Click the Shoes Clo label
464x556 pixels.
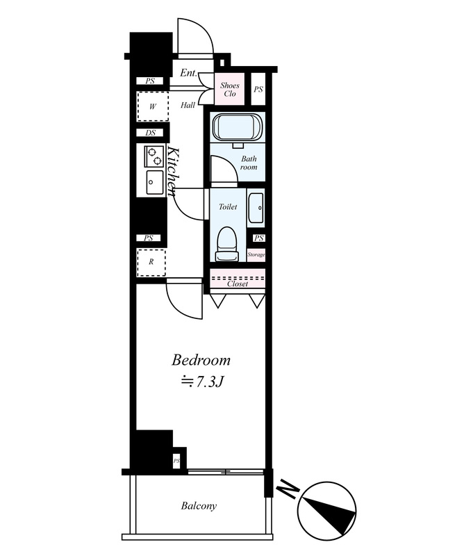pyautogui.click(x=229, y=90)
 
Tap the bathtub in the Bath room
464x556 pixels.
pyautogui.click(x=238, y=127)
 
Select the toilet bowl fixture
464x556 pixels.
pyautogui.click(x=226, y=244)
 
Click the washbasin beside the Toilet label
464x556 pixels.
pyautogui.click(x=256, y=208)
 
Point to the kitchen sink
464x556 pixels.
pyautogui.click(x=154, y=182)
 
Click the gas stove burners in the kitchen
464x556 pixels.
pyautogui.click(x=154, y=156)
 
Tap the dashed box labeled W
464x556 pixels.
pyautogui.click(x=153, y=106)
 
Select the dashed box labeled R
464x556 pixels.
pyautogui.click(x=151, y=263)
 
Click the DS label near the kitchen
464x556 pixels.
pyautogui.click(x=150, y=133)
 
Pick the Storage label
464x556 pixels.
pyautogui.click(x=256, y=254)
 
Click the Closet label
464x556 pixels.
pyautogui.click(x=238, y=284)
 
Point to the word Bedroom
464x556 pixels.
pyautogui.click(x=201, y=360)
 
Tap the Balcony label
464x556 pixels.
pyautogui.click(x=199, y=506)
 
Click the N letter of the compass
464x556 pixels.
pyautogui.click(x=288, y=489)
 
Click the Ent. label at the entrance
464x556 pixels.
pyautogui.click(x=188, y=73)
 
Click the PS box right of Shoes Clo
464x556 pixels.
pyautogui.click(x=258, y=89)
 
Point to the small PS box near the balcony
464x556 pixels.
pyautogui.click(x=176, y=461)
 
